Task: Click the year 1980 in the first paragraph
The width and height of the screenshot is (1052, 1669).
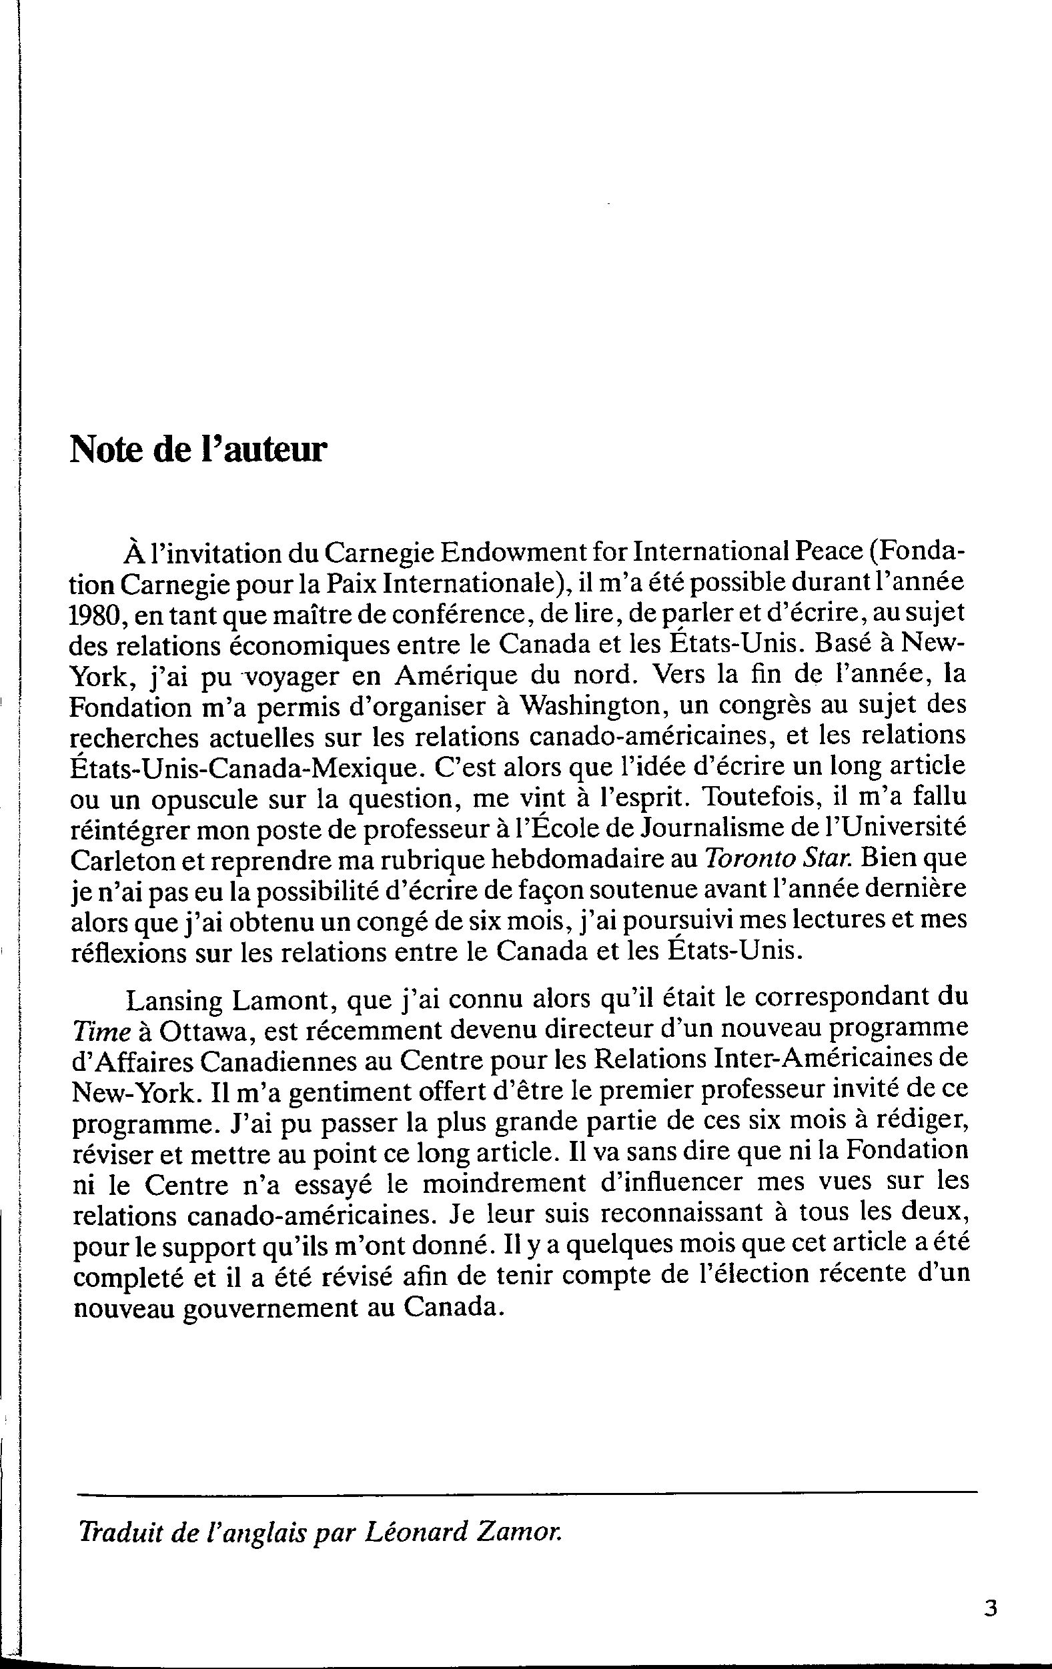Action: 95,615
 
